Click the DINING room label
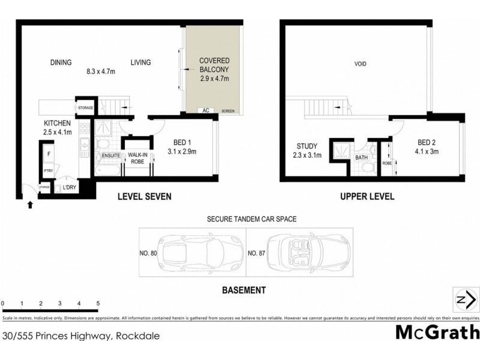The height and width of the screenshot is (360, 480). coord(61,62)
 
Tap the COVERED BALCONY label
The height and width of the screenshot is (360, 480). coord(214,65)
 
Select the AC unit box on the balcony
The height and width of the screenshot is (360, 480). coord(205,111)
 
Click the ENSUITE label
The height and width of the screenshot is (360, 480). coord(111,156)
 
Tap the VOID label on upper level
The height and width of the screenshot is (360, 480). coord(360,64)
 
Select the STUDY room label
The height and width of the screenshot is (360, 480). coord(307,146)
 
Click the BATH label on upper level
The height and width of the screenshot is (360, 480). coord(361,158)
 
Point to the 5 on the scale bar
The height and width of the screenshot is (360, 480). coord(97,304)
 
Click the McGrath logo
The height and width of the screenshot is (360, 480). coord(437,332)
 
